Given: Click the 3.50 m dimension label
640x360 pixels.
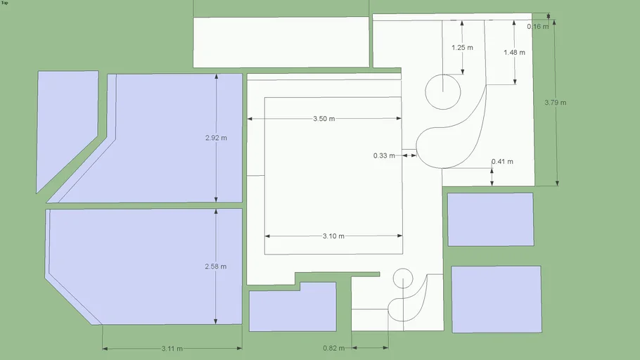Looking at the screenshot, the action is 324,119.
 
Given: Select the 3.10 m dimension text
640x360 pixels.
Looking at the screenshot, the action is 333,236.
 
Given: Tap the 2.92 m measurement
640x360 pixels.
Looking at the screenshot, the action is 216,138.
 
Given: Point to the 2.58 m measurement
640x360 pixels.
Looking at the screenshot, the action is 215,266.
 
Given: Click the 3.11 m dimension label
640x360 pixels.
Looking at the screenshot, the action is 172,349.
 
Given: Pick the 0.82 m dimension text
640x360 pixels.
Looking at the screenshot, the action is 333,348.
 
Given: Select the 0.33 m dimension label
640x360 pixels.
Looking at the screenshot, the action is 384,155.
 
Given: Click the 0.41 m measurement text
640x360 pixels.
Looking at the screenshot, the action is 502,162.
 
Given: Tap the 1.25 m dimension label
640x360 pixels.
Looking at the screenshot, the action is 462,48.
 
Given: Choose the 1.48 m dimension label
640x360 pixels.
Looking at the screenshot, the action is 514,52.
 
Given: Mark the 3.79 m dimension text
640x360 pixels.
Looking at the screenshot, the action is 555,103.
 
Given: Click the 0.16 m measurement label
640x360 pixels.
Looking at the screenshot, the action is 537,27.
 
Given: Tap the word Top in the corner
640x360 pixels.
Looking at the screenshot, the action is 4,3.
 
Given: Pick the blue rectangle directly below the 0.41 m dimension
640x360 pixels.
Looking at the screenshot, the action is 491,219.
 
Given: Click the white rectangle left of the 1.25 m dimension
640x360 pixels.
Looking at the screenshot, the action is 281,42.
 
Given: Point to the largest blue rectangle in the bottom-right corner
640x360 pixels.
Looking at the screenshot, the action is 497,300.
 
